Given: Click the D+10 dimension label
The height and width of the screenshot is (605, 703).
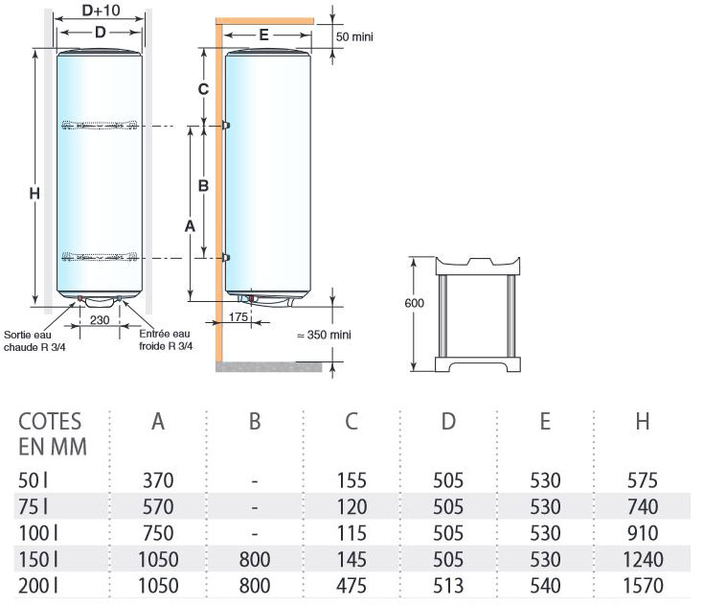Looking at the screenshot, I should point(101,11).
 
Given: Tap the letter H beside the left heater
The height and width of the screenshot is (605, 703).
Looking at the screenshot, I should point(34,194).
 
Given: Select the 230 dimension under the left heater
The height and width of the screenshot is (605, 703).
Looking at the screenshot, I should point(99,319).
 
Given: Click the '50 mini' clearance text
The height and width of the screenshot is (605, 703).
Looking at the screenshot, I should point(354,36).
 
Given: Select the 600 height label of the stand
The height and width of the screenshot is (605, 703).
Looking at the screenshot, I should point(414,303).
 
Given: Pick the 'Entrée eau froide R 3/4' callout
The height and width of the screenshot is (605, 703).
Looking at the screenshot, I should point(166,340).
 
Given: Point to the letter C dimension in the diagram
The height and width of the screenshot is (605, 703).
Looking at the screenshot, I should point(202,89).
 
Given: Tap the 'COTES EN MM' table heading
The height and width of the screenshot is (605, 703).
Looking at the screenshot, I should point(50,434).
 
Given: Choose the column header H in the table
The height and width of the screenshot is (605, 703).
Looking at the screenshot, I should point(643,422).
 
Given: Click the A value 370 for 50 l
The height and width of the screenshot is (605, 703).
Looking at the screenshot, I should point(159,479).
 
